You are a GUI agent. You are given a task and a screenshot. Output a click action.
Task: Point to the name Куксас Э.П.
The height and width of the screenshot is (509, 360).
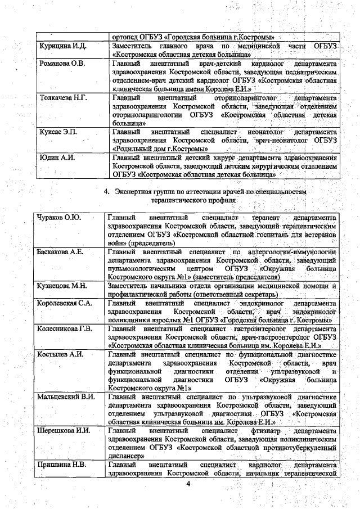coord(58,132)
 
